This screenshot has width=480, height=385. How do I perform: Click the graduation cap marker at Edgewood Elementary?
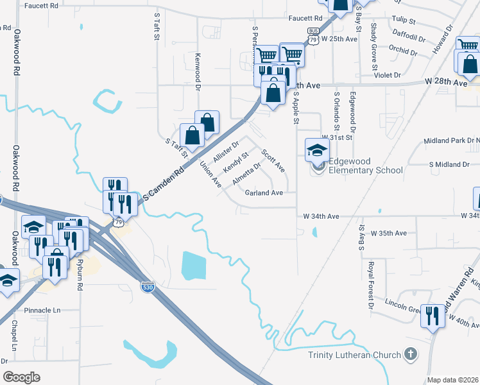316,151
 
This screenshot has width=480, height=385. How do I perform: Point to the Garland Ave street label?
264,193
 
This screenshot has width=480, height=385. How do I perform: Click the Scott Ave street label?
273,160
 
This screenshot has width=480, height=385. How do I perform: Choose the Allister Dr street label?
226,151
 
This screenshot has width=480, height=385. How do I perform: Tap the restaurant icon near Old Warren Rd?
431,316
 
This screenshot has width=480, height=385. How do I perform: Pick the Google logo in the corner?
21,377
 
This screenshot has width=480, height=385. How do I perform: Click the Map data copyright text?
453,380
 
